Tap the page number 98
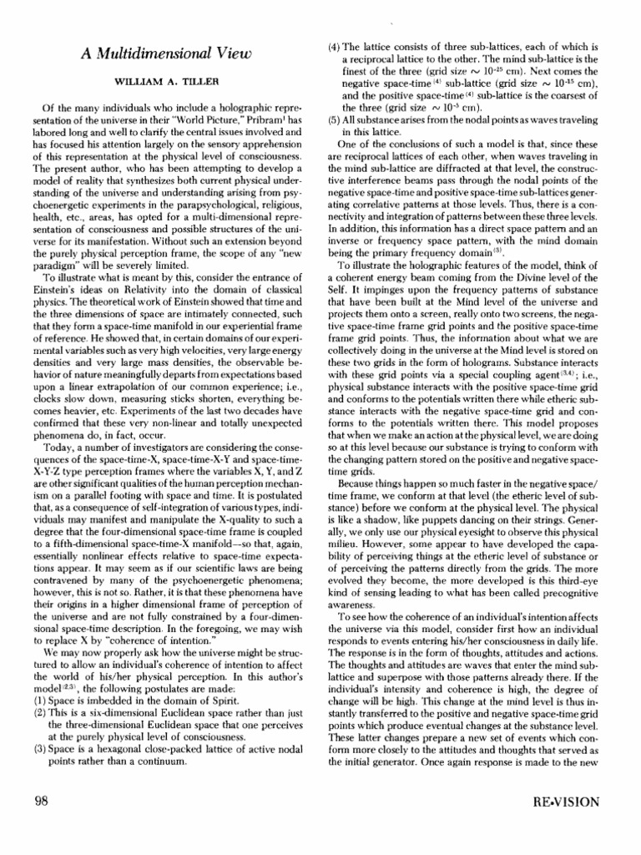coord(43,802)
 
